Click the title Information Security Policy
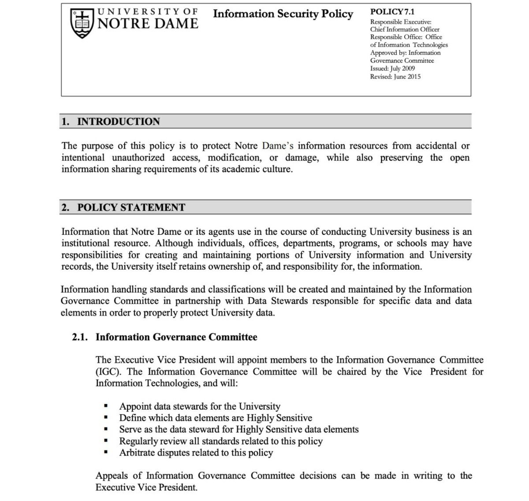click(x=283, y=14)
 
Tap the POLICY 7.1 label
click(x=392, y=12)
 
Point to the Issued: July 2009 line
click(x=392, y=69)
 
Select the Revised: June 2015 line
click(x=395, y=77)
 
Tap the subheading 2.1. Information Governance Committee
click(x=164, y=338)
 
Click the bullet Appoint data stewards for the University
click(x=200, y=406)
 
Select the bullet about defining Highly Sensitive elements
click(x=216, y=418)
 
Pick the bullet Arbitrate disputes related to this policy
click(x=196, y=453)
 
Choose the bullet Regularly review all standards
click(x=221, y=441)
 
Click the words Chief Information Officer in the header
click(x=405, y=30)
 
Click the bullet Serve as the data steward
click(x=239, y=429)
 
